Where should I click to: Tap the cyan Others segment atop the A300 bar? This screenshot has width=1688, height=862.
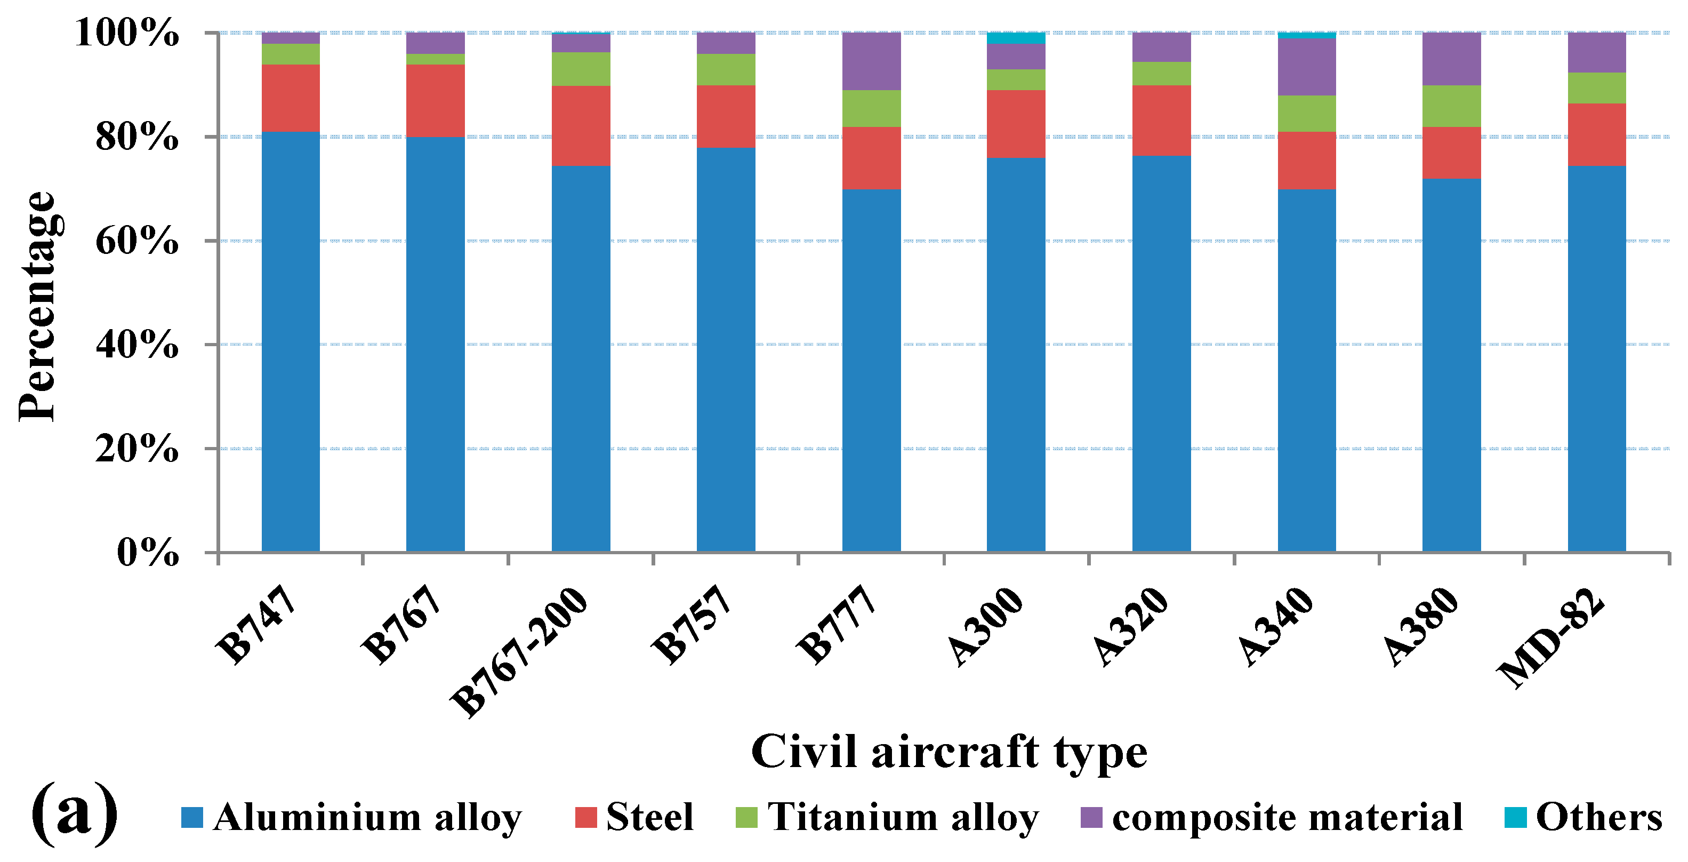1016,38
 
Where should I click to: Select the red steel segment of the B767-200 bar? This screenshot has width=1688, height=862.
581,126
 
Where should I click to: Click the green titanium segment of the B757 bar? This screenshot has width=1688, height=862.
726,69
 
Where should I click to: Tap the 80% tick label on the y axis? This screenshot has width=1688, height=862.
136,138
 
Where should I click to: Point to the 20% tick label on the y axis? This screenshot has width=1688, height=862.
136,450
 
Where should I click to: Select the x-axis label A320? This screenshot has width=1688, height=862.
1130,627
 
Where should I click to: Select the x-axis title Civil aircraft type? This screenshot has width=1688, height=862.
949,752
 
